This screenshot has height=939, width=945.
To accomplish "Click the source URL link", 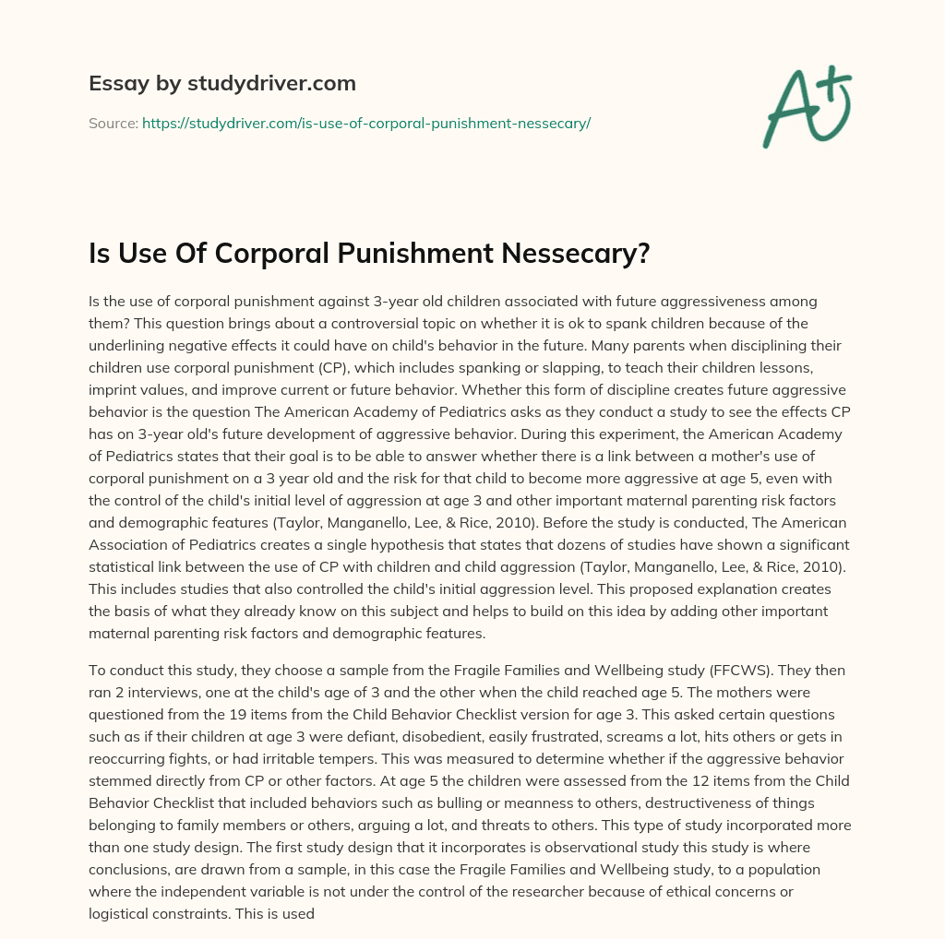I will coord(365,123).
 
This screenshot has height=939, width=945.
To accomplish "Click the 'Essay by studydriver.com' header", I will coord(221,83).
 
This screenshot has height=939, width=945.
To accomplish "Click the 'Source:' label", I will coord(113,123).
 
